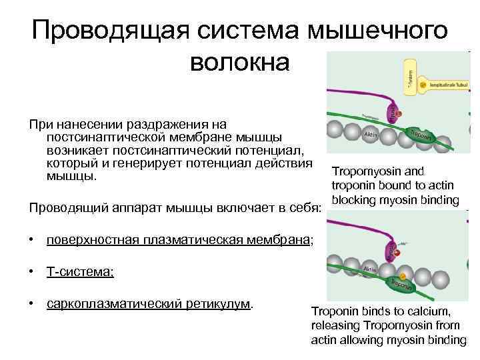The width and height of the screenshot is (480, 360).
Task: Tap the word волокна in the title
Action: point(240,62)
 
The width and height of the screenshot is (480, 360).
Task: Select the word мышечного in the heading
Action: point(377,31)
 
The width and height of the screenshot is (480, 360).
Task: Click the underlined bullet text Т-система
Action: point(80,271)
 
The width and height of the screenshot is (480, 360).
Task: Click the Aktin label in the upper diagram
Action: point(371,134)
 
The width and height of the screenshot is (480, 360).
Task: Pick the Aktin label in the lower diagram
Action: point(370,270)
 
